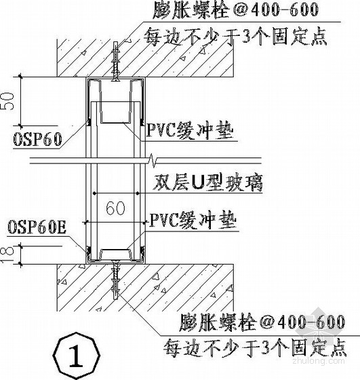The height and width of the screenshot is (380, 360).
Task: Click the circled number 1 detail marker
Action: (77, 356)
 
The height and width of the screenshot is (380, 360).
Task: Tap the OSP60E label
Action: (37, 227)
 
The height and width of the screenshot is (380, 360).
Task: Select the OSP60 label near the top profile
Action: (37, 140)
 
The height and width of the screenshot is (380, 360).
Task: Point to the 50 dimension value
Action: (7, 102)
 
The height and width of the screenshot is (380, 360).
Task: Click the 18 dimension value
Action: (7, 255)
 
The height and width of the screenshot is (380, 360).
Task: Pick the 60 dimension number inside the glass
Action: (116, 208)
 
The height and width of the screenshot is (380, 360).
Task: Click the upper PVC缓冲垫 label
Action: (190, 130)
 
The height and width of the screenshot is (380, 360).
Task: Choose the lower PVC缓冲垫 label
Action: (193, 221)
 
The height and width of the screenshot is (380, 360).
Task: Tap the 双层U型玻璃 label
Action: (207, 183)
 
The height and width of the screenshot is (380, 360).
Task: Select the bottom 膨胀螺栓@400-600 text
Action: (262, 323)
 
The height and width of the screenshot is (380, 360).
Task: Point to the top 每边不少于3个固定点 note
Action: (235, 37)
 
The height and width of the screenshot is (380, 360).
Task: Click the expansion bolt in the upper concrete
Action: (115, 62)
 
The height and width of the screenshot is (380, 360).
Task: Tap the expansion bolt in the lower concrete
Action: (115, 279)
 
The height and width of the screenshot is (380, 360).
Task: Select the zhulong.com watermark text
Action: (319, 361)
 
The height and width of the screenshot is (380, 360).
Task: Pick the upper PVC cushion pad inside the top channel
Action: (115, 123)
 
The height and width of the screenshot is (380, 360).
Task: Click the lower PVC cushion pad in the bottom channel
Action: (115, 250)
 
